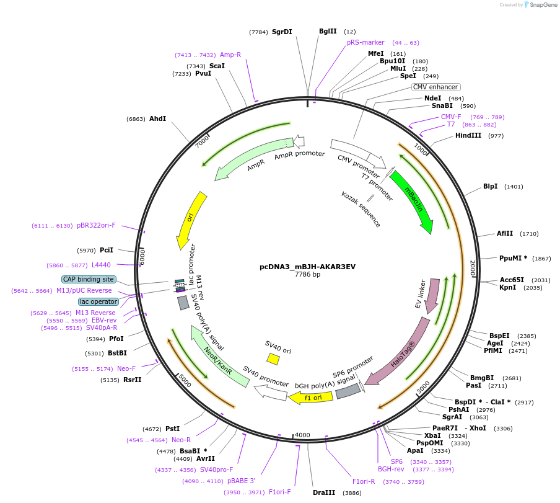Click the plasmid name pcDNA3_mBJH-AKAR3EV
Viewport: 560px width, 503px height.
307,267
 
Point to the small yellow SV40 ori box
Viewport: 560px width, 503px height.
273,359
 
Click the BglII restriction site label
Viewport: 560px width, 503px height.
328,31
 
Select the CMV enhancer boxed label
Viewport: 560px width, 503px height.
435,87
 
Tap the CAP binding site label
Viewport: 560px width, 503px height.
88,279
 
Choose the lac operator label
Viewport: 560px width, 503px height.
98,301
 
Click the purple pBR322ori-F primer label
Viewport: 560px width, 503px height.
96,226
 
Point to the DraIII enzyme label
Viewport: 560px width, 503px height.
324,492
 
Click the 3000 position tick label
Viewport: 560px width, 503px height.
423,387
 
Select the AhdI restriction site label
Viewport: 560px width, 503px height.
157,118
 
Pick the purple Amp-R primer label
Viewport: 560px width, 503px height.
230,55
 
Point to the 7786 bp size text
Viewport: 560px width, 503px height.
307,274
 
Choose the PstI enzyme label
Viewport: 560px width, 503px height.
172,429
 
